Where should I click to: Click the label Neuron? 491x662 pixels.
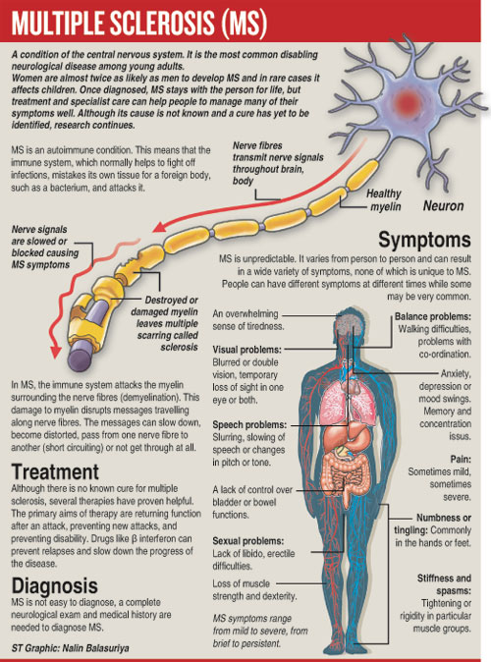coord(443,205)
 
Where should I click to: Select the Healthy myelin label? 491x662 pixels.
coord(383,200)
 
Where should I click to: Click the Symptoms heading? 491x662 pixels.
coord(424,240)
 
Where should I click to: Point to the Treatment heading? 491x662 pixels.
coord(55,471)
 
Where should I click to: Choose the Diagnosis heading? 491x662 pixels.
coord(54,585)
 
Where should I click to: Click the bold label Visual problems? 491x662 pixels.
coord(247,350)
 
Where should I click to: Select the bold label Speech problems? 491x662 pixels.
coord(249,424)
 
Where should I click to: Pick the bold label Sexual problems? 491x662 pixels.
coord(248,541)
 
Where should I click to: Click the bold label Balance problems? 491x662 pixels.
coord(433,316)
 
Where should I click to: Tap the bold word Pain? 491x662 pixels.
coord(461,459)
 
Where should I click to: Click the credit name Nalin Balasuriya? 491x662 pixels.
coord(95,648)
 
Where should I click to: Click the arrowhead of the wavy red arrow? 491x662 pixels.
coord(55,352)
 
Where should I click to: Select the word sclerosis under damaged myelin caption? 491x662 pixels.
coord(179,347)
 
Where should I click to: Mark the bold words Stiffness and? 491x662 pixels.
coord(444,578)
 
